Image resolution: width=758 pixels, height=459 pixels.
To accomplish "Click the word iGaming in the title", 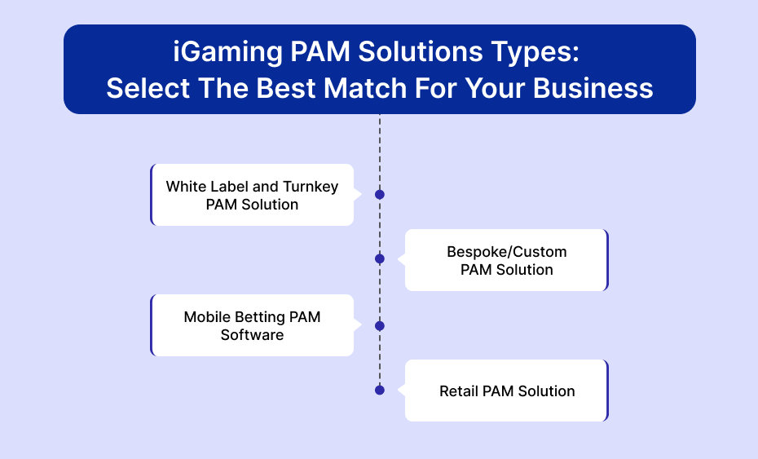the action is [227, 52].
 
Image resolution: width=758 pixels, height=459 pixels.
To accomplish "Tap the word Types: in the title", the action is [535, 52].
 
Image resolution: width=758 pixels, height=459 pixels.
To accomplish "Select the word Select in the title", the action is [148, 88].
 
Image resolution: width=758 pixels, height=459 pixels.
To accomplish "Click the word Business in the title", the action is [593, 88].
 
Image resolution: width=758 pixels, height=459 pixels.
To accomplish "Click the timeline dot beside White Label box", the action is [380, 194].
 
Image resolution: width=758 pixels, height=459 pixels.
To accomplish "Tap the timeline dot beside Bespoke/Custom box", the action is [380, 258].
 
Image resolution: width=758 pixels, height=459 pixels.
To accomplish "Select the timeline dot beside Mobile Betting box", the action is [380, 326].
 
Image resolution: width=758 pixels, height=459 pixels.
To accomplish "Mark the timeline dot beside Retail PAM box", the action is [380, 390].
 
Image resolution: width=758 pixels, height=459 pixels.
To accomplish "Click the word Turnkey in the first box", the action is [311, 187].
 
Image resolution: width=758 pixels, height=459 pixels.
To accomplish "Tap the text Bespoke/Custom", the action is [507, 252].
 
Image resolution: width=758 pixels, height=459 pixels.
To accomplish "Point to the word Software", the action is [253, 335].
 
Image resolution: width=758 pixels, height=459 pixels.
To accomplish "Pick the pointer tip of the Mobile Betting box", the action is [362, 325].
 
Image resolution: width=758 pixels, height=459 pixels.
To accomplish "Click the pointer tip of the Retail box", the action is [398, 390].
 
